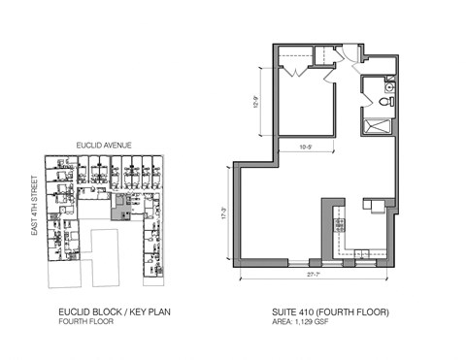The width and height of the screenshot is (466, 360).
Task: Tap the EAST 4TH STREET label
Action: pos(34,205)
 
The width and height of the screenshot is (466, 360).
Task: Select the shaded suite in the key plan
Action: pos(119,208)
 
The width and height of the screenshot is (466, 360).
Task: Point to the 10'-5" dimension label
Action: pos(304,148)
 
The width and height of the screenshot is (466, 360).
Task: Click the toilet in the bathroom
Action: pos(387,100)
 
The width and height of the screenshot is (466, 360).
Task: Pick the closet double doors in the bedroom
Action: pos(296,71)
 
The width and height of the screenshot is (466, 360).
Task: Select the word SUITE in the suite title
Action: pos(287,312)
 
